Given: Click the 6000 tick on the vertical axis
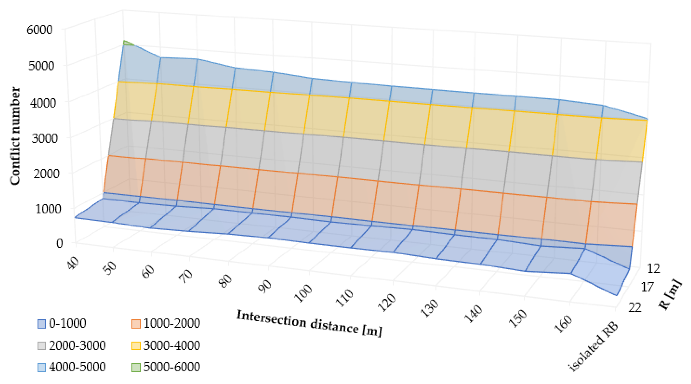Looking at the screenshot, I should pyautogui.click(x=40, y=30).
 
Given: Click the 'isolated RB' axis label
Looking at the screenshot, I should pyautogui.click(x=593, y=348).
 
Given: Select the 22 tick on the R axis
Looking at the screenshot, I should pyautogui.click(x=635, y=308).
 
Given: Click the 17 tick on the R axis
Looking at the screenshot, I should pyautogui.click(x=647, y=287).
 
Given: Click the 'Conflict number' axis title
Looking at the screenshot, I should pyautogui.click(x=15, y=136).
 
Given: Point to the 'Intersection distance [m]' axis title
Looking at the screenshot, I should pyautogui.click(x=309, y=323).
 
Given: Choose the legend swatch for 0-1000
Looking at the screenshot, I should pyautogui.click(x=42, y=324).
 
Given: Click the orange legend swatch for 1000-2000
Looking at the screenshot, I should pyautogui.click(x=136, y=324).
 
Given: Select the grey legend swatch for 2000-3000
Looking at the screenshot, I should pyautogui.click(x=42, y=346).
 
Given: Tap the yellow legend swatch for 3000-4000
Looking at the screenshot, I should pyautogui.click(x=136, y=346).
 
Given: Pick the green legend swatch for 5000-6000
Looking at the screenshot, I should pyautogui.click(x=136, y=367).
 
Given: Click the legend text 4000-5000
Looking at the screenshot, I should pyautogui.click(x=77, y=367).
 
